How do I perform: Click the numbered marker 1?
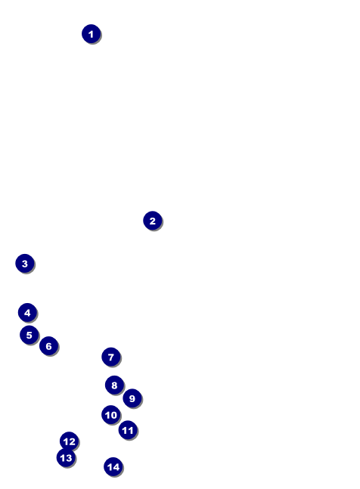[x=91, y=34]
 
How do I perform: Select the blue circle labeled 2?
[x=153, y=221]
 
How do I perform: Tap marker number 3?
[x=25, y=263]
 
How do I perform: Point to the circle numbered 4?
[x=27, y=312]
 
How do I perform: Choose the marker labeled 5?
[x=29, y=335]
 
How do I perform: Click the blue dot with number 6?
[x=48, y=346]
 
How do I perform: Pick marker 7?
[x=111, y=357]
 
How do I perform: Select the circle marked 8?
[x=114, y=385]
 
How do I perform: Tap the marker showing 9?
[x=132, y=398]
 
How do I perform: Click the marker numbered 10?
[x=111, y=415]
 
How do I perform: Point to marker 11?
[x=128, y=430]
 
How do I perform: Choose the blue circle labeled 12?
[x=70, y=441]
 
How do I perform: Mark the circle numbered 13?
[x=66, y=457]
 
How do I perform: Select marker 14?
[x=113, y=467]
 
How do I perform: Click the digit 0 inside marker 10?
[x=113, y=415]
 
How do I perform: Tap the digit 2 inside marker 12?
[x=72, y=441]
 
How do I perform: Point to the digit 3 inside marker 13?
[x=69, y=458]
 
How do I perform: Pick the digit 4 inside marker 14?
[x=116, y=467]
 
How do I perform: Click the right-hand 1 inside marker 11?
[x=131, y=430]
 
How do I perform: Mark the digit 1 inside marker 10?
[x=107, y=415]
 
